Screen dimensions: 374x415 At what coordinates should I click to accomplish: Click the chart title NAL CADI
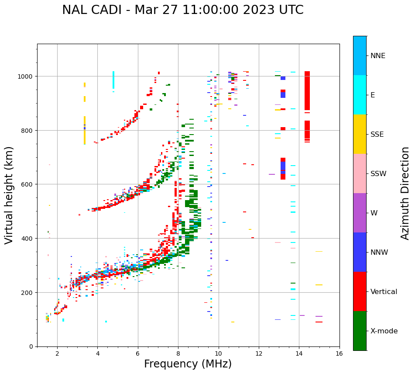coord(182,10)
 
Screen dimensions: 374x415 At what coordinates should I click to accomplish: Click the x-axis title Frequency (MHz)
coord(188,364)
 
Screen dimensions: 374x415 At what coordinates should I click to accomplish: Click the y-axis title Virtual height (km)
coord(9,195)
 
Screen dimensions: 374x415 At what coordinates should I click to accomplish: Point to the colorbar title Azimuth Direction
coord(405,193)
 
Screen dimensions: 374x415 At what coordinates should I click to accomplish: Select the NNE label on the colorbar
coord(378,55)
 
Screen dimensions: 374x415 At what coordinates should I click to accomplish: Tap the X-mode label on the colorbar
coord(384,331)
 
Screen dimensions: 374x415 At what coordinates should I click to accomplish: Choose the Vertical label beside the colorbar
coord(384,292)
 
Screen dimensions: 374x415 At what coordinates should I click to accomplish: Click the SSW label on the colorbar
coord(378,174)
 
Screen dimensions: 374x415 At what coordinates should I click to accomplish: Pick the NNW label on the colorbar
coord(379,253)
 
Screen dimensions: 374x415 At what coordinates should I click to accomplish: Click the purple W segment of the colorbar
coord(360,213)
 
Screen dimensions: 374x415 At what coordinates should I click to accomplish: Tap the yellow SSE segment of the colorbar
coord(360,134)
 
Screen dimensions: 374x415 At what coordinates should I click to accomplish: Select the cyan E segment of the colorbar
coord(360,95)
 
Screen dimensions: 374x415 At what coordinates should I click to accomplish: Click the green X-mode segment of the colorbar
coord(360,331)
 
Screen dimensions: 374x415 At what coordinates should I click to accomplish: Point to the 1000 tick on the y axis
coord(27,76)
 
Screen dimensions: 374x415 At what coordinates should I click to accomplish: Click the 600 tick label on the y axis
coord(29,184)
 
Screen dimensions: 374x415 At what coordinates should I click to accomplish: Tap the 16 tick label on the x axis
coord(339,354)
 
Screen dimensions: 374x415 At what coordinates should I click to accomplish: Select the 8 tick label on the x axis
coord(178,354)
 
